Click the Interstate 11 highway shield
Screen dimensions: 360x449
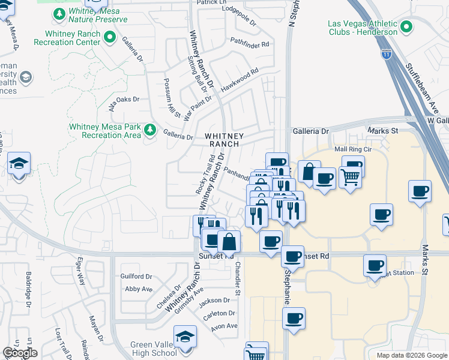click(x=387, y=54)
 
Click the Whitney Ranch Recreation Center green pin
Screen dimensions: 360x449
click(x=110, y=38)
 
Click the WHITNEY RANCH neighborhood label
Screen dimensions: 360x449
click(x=224, y=140)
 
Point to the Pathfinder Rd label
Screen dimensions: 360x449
click(x=250, y=43)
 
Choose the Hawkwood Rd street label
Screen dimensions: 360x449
click(x=239, y=79)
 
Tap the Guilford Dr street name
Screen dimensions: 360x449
click(x=136, y=276)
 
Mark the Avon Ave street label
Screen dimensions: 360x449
click(x=224, y=326)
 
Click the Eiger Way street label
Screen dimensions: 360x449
click(x=80, y=272)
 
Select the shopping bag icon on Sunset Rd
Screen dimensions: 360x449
click(x=229, y=242)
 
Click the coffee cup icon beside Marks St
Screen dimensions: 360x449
click(x=419, y=191)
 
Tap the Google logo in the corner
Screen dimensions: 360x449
click(x=20, y=353)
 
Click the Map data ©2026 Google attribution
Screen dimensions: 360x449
click(x=411, y=355)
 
